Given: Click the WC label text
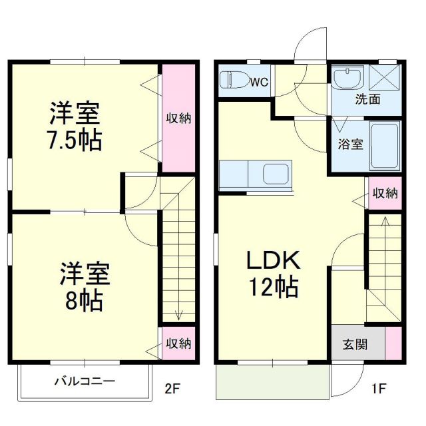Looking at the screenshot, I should click(x=259, y=82).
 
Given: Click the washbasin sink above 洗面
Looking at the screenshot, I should click(x=347, y=79).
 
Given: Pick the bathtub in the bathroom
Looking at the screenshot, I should click(x=385, y=145).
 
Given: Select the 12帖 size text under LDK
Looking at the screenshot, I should click(x=273, y=288).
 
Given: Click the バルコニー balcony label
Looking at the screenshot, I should click(x=85, y=381).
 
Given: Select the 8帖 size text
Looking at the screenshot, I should click(x=82, y=301).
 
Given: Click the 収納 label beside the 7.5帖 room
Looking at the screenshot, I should click(x=178, y=118).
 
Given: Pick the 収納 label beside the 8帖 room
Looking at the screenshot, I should click(x=178, y=343).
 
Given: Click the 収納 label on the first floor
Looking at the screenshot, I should click(x=385, y=194).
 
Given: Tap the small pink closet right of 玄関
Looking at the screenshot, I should click(x=394, y=345).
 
